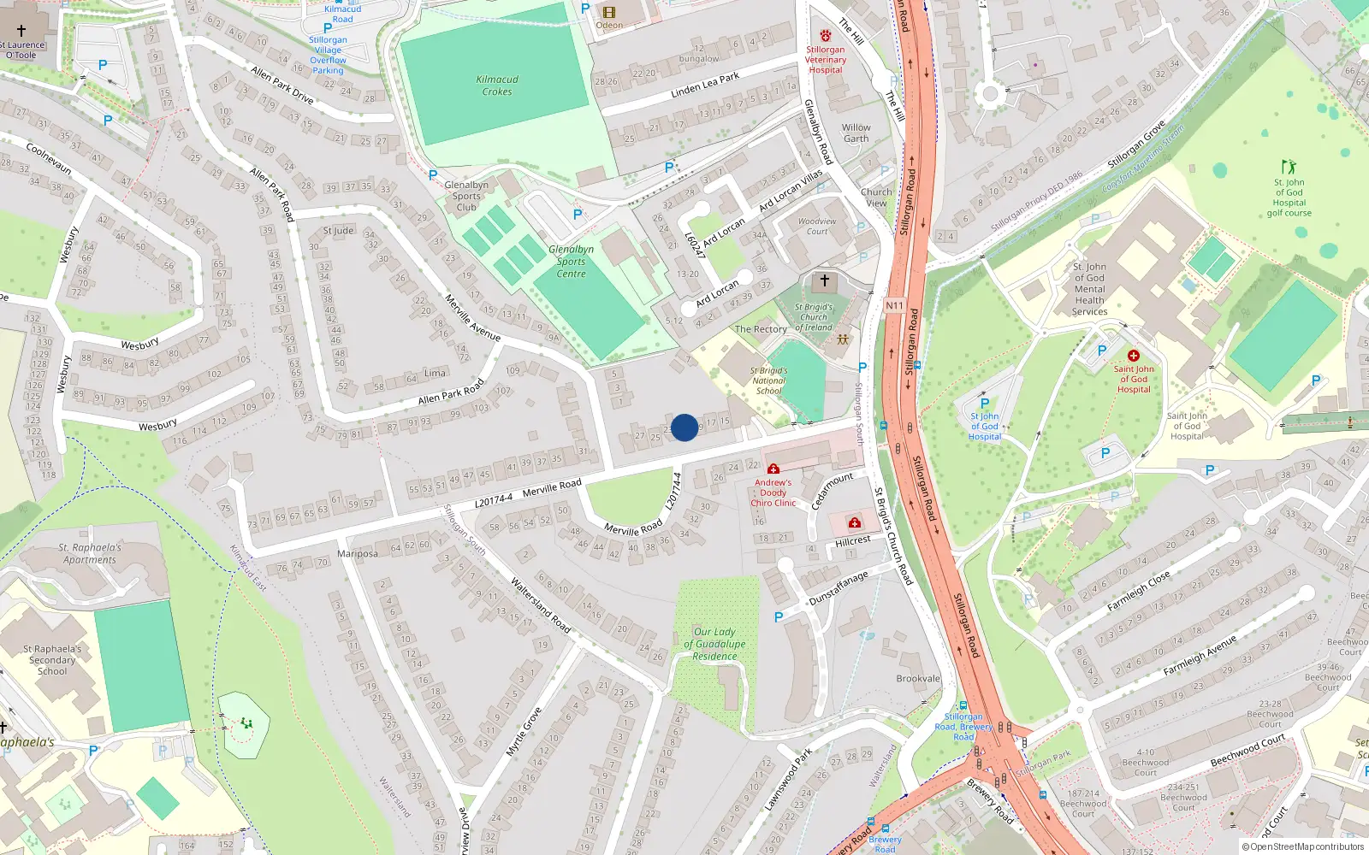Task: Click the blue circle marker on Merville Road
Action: [x=684, y=427]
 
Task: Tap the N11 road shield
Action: [x=894, y=305]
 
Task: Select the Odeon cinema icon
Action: [x=608, y=12]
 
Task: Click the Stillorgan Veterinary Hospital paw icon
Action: [x=826, y=36]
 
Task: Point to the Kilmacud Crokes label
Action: [x=497, y=85]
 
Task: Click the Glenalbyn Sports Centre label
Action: [x=571, y=262]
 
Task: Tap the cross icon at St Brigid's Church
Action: [x=825, y=280]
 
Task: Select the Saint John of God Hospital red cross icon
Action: [x=1134, y=356]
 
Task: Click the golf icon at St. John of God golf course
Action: [x=1289, y=167]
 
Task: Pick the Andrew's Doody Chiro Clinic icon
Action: [x=773, y=469]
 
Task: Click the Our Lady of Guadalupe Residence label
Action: [x=714, y=644]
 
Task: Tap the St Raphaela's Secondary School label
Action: [x=52, y=660]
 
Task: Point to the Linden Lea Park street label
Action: [x=705, y=84]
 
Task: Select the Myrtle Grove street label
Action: [x=523, y=732]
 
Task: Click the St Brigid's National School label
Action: [x=768, y=380]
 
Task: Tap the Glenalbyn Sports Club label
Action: [x=466, y=196]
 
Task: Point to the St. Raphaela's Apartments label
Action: [x=90, y=553]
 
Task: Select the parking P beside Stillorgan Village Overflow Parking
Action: [x=328, y=28]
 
